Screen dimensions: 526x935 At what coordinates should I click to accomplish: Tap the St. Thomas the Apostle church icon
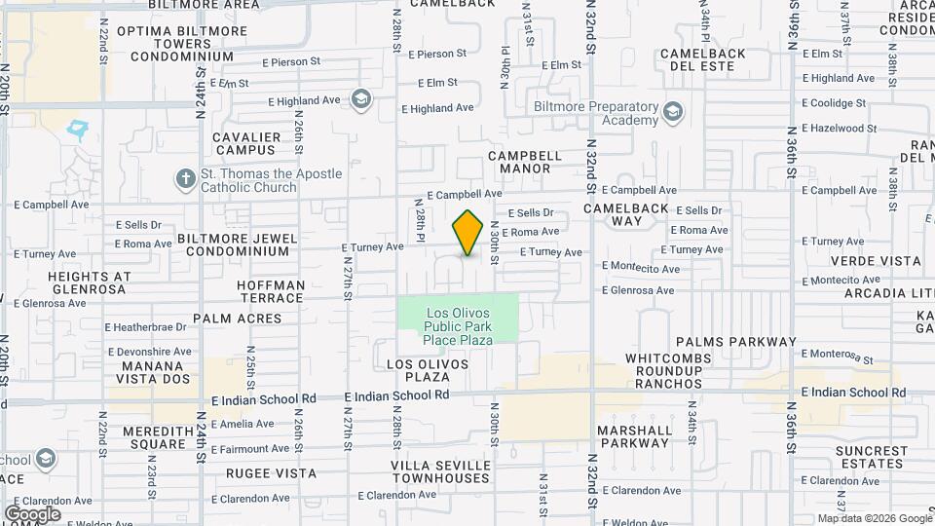185,179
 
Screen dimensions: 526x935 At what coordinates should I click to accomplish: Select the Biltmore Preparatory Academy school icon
672,113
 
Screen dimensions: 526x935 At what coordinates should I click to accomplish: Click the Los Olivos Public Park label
458,326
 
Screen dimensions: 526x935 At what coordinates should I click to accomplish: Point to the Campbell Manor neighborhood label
525,162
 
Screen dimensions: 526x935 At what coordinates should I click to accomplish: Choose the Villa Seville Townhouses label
440,471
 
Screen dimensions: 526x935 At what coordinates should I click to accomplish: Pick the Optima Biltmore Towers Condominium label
175,44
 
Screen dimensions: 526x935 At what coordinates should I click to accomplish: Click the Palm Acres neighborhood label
237,319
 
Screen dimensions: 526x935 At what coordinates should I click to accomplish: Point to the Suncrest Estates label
871,458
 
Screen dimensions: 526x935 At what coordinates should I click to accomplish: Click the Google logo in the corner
32,514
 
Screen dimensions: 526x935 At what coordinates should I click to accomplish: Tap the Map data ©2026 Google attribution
874,518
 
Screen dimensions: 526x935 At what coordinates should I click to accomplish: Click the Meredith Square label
155,437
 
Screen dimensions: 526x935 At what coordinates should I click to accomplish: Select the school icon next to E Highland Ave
361,98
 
